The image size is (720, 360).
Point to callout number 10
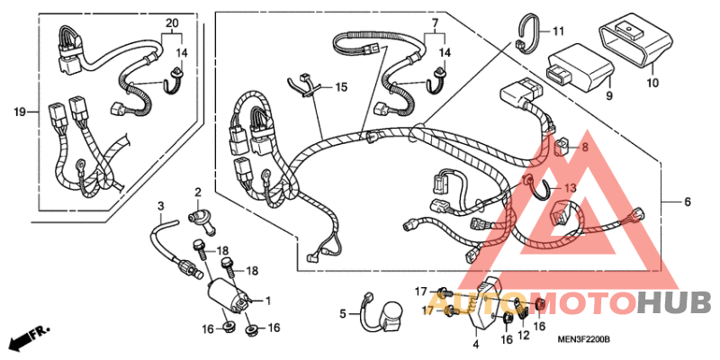point(652,83)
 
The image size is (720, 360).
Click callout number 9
point(607,94)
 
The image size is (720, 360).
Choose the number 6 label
point(687,202)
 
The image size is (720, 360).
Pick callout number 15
point(341,87)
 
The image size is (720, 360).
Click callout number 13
point(570,188)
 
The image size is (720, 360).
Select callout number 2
point(198,192)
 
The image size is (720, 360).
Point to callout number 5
point(343,313)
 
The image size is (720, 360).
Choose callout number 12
point(522,336)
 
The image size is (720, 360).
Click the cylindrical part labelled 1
point(227,293)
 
